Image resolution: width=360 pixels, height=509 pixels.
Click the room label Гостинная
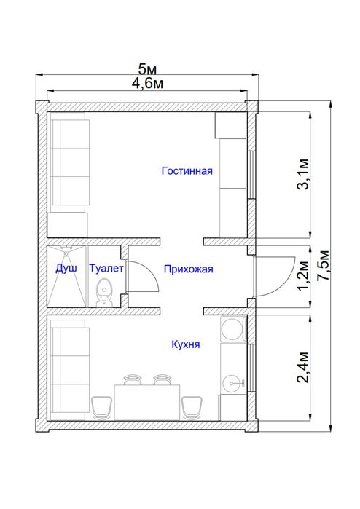pyautogui.click(x=187, y=171)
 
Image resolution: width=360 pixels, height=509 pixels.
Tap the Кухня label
pyautogui.click(x=186, y=344)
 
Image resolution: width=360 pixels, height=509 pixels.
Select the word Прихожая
pyautogui.click(x=188, y=269)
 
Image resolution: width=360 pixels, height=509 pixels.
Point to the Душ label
pyautogui.click(x=66, y=268)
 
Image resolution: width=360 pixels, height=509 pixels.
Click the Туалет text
pyautogui.click(x=106, y=268)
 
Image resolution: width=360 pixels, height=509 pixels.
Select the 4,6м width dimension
pyautogui.click(x=147, y=83)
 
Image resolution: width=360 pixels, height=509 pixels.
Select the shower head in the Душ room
pyautogui.click(x=66, y=250)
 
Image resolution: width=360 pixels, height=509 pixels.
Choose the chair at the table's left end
pyautogui.click(x=101, y=406)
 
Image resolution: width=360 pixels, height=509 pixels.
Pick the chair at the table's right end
pyautogui.click(x=192, y=406)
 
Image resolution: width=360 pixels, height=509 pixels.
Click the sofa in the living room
pyautogui.click(x=69, y=164)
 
